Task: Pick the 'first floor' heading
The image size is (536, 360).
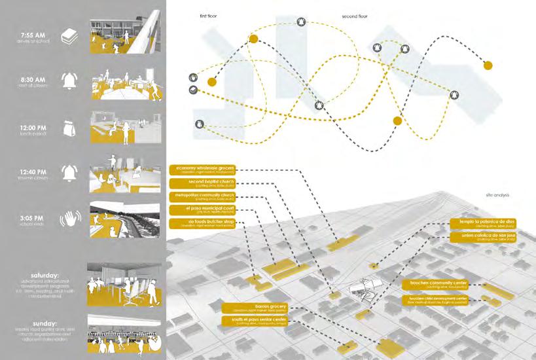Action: [x=211, y=14]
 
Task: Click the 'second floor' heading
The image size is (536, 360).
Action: [x=354, y=14]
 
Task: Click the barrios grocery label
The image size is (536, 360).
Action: [x=255, y=307]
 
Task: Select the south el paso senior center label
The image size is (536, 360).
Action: [x=255, y=320]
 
